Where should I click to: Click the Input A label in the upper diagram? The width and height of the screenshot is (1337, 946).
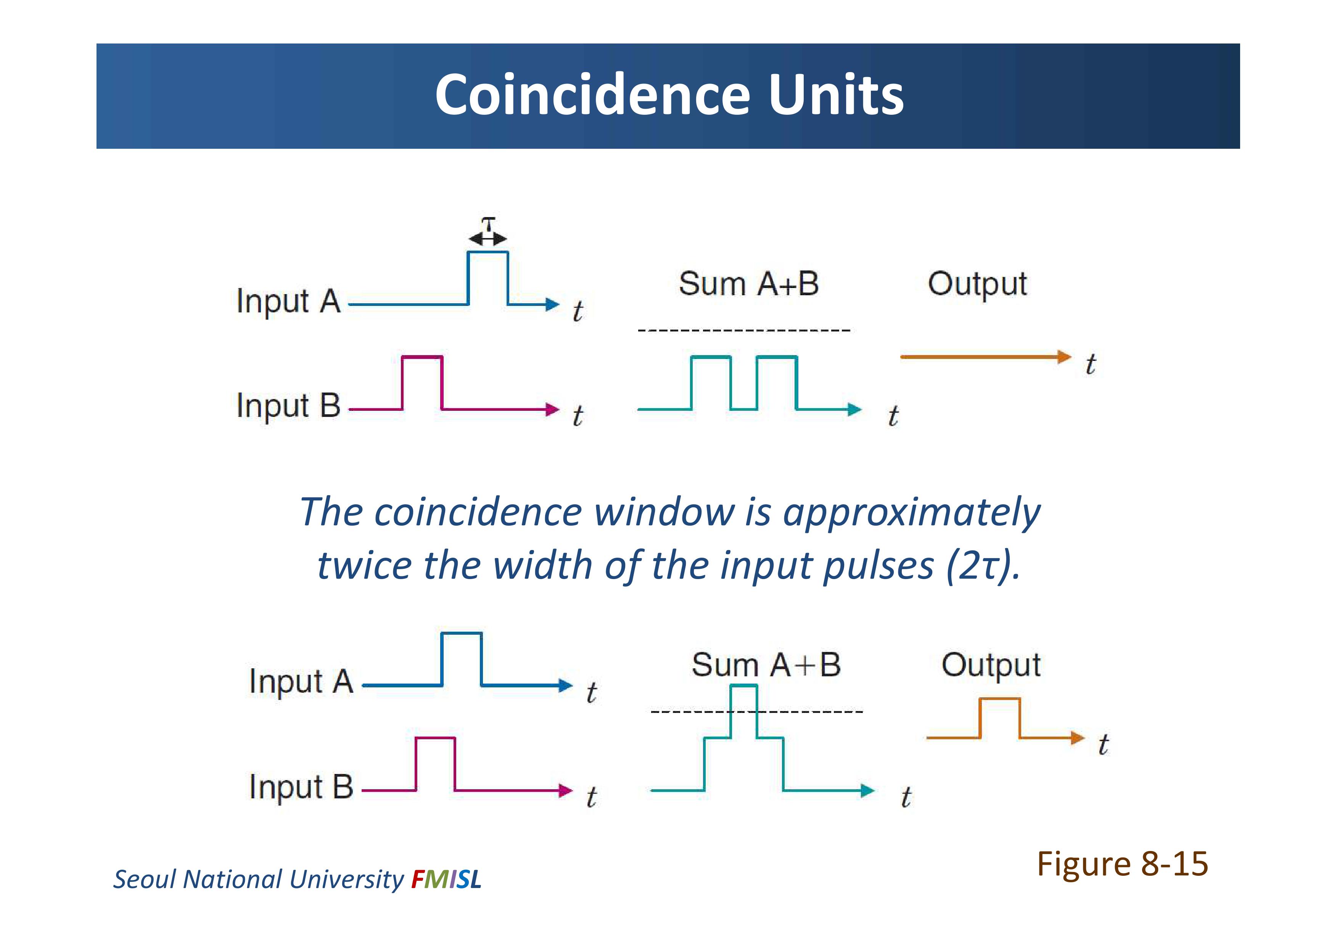click(x=288, y=302)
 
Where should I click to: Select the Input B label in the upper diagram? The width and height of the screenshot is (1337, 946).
click(x=288, y=405)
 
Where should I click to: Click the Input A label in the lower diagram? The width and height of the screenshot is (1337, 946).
click(x=301, y=682)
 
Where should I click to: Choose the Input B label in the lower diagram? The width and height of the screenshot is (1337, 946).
click(x=301, y=787)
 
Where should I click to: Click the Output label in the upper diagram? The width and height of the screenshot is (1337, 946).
click(x=977, y=285)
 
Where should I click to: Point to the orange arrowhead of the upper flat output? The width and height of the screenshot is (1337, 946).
click(x=1065, y=357)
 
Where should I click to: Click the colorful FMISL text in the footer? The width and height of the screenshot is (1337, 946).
click(x=446, y=879)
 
